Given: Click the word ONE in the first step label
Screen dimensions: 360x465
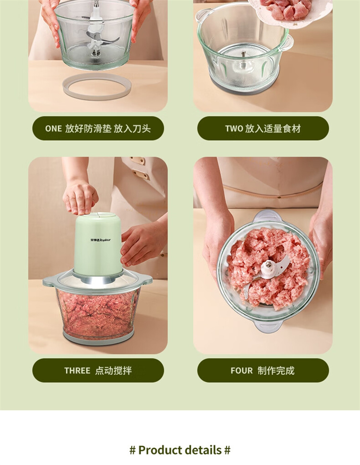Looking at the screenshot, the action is pyautogui.click(x=53, y=128).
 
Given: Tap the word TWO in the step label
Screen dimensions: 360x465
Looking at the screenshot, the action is pyautogui.click(x=234, y=128).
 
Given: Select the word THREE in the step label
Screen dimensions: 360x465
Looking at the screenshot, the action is pyautogui.click(x=77, y=370).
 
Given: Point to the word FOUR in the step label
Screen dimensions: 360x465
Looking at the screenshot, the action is pyautogui.click(x=241, y=370).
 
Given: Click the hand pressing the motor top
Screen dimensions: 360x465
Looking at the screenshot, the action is pyautogui.click(x=80, y=197).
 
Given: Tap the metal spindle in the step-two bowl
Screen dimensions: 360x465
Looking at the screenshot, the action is pyautogui.click(x=243, y=55).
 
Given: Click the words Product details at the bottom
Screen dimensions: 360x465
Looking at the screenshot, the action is pyautogui.click(x=180, y=450).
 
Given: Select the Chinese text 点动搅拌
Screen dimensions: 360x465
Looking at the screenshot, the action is pyautogui.click(x=113, y=370).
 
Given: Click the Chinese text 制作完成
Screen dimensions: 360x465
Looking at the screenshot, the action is pyautogui.click(x=276, y=370).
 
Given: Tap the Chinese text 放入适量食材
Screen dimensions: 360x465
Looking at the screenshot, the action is pyautogui.click(x=273, y=128).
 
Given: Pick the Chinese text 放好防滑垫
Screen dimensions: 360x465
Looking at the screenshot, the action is pyautogui.click(x=88, y=128).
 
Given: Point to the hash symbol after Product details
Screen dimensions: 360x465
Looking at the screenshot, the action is pyautogui.click(x=227, y=450).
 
